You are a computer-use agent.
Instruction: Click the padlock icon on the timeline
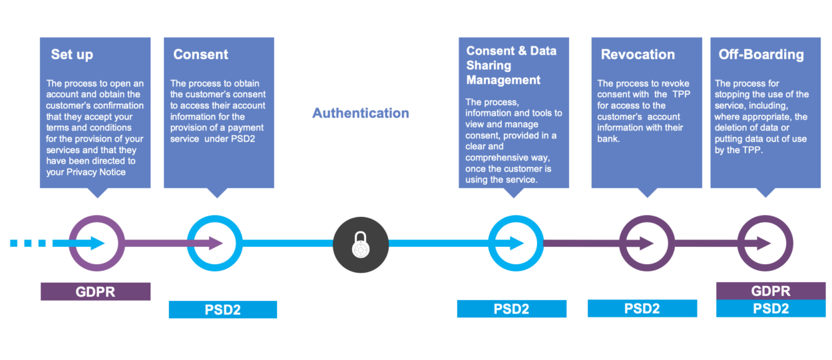coord(360,244)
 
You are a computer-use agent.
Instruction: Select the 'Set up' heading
coord(72,55)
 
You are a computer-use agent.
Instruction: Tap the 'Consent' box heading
coord(200,55)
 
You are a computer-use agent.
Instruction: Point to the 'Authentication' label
coord(361,113)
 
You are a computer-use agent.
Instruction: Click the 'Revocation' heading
coord(638,55)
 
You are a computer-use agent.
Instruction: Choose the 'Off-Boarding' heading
coord(761,55)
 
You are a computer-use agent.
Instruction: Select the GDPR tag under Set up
coord(95,291)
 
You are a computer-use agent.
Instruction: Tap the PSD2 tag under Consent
coord(222,309)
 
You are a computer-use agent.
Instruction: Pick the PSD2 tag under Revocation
coord(642,308)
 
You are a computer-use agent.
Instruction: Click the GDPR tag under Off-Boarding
coord(770,291)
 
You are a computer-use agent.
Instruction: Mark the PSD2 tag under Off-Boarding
coord(770,309)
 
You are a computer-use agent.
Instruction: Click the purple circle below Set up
coord(97,244)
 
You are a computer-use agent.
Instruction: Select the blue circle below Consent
coord(214,244)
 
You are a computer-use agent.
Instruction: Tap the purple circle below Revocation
coord(646,244)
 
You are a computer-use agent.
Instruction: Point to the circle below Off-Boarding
coord(765,244)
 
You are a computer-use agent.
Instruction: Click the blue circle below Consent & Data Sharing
coord(515,244)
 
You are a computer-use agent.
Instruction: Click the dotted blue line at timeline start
coord(30,244)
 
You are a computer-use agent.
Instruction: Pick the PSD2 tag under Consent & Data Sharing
coord(511,309)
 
